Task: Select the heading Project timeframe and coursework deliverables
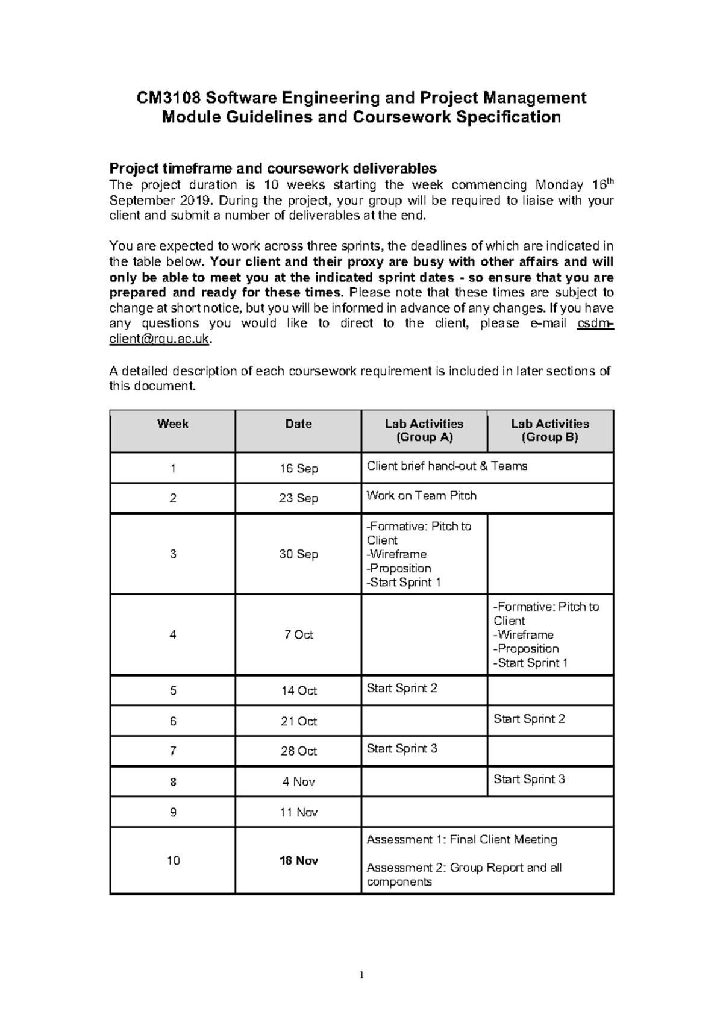272,168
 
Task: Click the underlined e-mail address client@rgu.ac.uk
160,339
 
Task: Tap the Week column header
173,424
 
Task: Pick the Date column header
298,424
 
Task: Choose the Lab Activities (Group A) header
424,431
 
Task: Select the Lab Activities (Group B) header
549,431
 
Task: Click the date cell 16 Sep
298,469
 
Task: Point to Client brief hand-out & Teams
446,466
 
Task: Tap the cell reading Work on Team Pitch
421,496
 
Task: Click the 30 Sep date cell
298,554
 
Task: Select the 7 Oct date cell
298,635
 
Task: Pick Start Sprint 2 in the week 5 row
402,689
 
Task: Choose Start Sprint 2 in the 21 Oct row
529,719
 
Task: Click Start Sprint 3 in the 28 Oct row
402,749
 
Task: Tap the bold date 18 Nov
298,861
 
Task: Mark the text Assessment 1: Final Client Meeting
462,840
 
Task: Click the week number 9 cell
173,813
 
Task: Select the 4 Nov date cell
298,782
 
